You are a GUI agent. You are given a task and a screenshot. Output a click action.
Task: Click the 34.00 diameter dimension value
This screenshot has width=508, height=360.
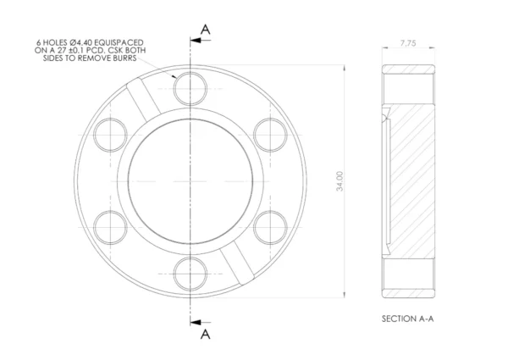click(x=340, y=181)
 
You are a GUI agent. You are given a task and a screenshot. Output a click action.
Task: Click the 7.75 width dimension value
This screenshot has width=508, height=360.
click(x=408, y=43)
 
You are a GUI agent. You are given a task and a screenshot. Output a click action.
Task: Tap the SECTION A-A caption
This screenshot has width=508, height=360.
click(x=407, y=318)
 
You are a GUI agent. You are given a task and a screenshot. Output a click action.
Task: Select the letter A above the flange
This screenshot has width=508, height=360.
click(x=206, y=30)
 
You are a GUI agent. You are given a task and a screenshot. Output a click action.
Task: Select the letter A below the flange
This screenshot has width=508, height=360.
click(x=206, y=334)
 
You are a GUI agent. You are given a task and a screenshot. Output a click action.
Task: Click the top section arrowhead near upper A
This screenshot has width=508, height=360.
click(x=195, y=41)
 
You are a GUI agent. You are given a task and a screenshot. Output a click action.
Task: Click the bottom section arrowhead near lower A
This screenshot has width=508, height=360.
click(x=195, y=323)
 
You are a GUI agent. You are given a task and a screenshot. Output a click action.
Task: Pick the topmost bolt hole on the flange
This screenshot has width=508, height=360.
click(x=190, y=89)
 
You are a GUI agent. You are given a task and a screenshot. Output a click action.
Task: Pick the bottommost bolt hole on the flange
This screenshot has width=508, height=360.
click(x=190, y=274)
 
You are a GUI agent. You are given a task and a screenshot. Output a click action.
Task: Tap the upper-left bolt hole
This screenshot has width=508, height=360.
click(x=110, y=136)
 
